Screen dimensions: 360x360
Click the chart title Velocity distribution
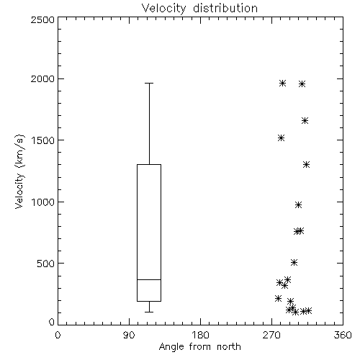[199, 8]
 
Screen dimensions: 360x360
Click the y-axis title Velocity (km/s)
[19, 171]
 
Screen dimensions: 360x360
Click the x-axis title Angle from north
[199, 346]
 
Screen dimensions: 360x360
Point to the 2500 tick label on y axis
[42, 19]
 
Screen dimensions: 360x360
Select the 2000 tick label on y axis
[42, 78]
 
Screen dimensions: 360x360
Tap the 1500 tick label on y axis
[43, 140]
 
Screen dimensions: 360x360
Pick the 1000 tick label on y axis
[43, 202]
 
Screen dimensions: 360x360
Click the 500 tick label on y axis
[46, 264]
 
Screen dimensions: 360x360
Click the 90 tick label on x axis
[129, 335]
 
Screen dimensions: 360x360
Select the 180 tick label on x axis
[200, 335]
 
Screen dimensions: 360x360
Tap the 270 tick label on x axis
[271, 335]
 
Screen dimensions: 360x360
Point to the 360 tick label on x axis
[343, 335]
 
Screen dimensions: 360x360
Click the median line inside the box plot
[149, 279]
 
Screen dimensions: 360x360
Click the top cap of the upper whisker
[149, 83]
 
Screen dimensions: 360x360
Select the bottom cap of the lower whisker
[149, 312]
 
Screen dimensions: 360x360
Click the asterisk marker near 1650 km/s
[305, 121]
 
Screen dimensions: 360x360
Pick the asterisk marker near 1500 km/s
[282, 138]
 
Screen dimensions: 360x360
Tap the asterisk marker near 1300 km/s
[306, 165]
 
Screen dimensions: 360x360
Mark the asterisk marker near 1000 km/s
[298, 205]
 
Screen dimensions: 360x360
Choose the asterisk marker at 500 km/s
[294, 263]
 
